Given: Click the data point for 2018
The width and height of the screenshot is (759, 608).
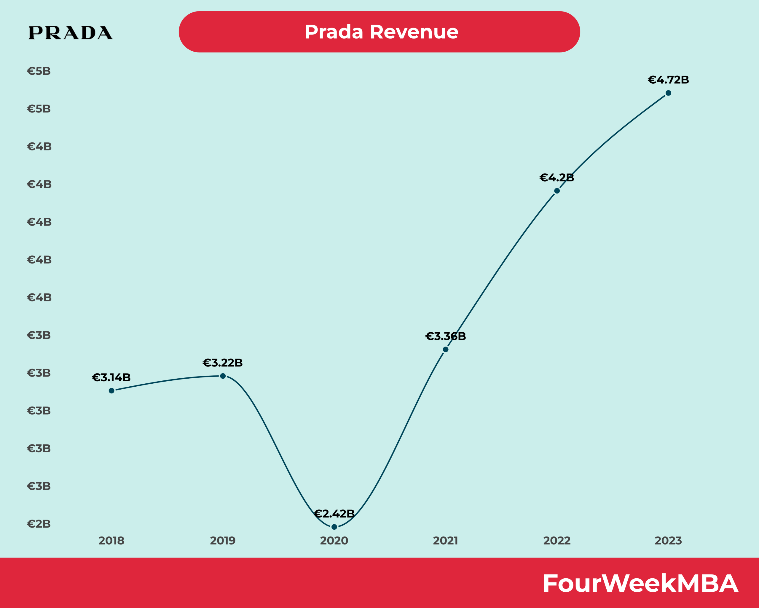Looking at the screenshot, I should (111, 391).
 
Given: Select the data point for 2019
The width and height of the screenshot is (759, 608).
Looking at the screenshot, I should (223, 376).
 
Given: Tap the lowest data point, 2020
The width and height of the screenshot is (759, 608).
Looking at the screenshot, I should (334, 527).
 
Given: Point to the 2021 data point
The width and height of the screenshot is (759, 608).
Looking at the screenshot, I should (446, 350).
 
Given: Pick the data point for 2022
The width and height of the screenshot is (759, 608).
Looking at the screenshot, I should (557, 191).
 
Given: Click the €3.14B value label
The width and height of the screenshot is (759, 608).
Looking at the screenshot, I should (111, 378).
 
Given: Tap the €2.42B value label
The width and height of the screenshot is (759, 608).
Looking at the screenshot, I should (334, 514).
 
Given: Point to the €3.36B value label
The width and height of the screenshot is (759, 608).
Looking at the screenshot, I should (445, 336).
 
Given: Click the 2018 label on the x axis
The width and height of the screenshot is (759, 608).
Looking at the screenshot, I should (111, 541).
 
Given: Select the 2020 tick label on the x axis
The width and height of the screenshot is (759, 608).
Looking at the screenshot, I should (334, 541).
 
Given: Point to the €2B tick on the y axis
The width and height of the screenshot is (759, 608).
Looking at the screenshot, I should (39, 524).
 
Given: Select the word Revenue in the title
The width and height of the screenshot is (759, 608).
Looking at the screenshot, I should (414, 32).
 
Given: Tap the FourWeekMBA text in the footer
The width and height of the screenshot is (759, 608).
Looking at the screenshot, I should (640, 584).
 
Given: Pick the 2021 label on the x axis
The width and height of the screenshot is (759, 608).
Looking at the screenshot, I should (445, 541).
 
